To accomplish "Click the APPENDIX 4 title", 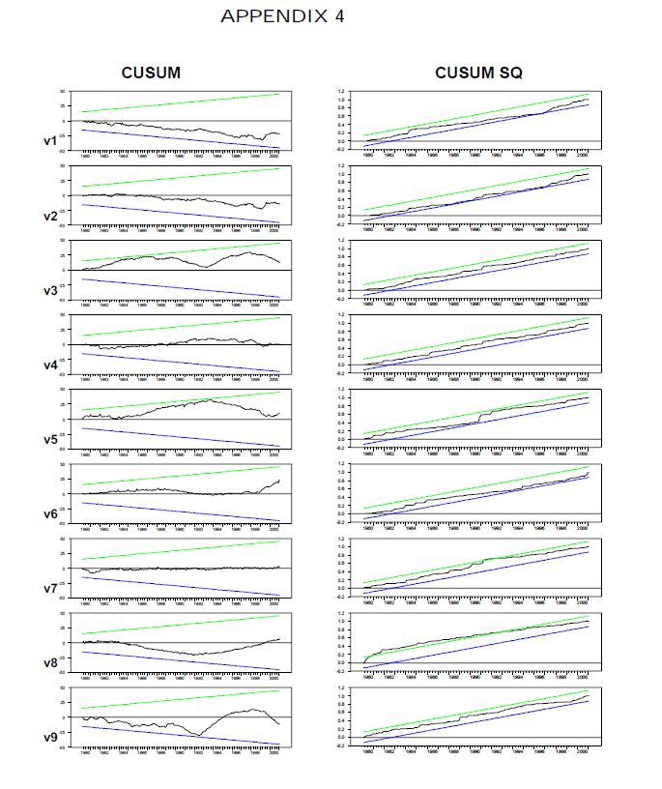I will (282, 16).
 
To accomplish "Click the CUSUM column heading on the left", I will (150, 73).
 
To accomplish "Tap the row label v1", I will (51, 141).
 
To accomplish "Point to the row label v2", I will (51, 216).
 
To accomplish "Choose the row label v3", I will (51, 291).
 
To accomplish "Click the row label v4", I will (51, 365).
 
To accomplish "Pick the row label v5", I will (51, 439).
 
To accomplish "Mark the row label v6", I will (51, 513).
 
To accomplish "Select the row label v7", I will (51, 588).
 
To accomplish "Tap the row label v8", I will (51, 663).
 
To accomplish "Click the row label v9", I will (51, 738).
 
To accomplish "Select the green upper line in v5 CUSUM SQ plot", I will (464, 413).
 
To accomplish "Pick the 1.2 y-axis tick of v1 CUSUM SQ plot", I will (341, 92).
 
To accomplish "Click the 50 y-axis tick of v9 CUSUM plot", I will (63, 687).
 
